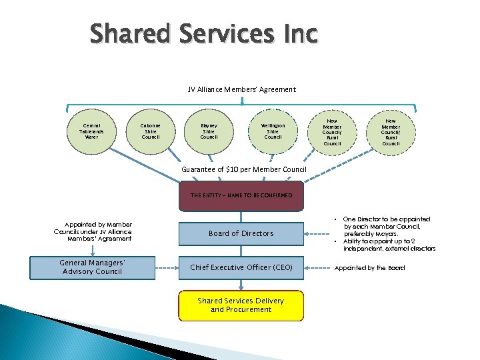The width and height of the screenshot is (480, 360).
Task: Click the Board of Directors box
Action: click(x=241, y=233)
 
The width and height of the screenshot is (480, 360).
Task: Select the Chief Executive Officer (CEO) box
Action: click(x=241, y=267)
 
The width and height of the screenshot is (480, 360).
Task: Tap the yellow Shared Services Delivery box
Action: click(x=241, y=305)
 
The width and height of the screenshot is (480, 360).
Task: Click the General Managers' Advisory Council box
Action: click(x=91, y=267)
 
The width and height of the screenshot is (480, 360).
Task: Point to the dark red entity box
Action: click(x=241, y=195)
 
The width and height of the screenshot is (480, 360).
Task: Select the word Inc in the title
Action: click(x=295, y=33)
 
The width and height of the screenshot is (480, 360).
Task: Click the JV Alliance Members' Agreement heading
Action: click(x=241, y=89)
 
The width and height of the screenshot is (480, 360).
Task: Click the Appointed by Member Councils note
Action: click(x=93, y=231)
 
